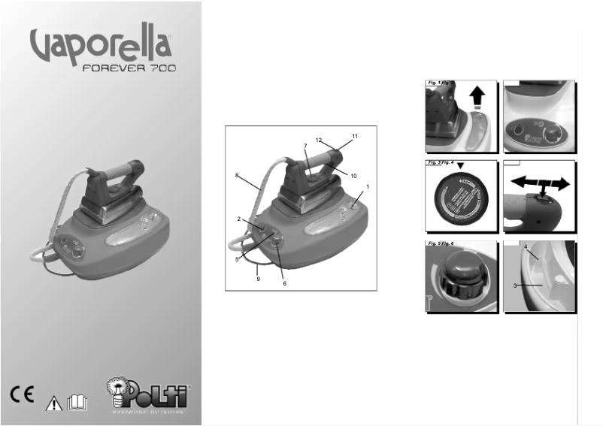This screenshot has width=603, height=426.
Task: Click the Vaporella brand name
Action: click(103, 46)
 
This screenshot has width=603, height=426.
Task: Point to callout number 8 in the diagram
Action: click(238, 175)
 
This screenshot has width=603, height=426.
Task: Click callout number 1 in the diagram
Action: click(368, 186)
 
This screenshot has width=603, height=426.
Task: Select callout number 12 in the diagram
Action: click(320, 139)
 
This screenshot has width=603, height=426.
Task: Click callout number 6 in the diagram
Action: click(284, 283)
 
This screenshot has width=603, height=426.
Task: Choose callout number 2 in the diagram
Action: click(239, 219)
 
